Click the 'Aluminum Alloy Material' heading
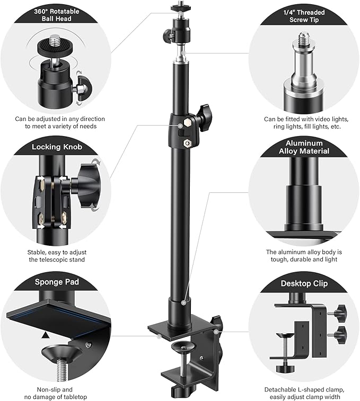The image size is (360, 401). (x=304, y=147)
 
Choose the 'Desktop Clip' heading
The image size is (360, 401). (x=304, y=283)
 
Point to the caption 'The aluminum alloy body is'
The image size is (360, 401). (x=304, y=253)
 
